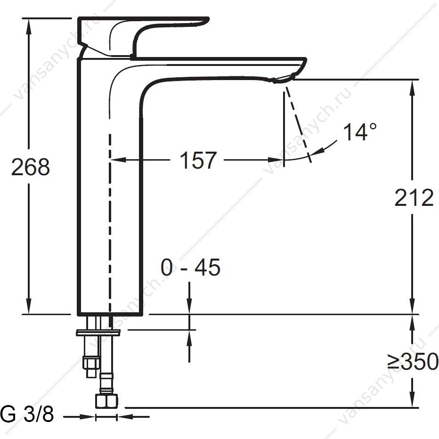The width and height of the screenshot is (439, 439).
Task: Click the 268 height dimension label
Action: coord(31,167)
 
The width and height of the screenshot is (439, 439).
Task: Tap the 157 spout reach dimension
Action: coord(198,160)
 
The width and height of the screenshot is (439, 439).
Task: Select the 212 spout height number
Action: coord(414,198)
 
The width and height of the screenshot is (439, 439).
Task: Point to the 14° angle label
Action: coord(360,131)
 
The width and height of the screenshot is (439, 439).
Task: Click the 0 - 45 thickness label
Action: coord(191,267)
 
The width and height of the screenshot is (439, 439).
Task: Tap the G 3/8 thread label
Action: coord(27,414)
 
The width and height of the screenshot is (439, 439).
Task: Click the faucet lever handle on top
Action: coord(143,37)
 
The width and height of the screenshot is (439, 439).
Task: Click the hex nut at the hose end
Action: coord(106,401)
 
